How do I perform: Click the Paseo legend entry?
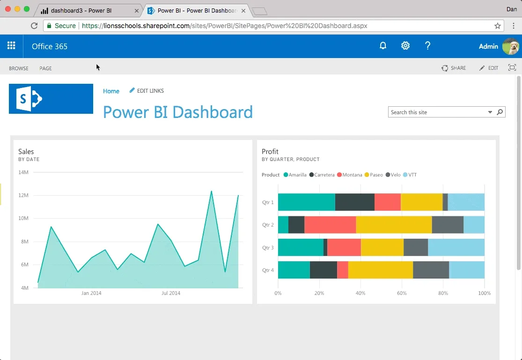click(x=374, y=175)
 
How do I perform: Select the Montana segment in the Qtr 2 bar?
click(x=330, y=224)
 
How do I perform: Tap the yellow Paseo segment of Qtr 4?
click(x=381, y=270)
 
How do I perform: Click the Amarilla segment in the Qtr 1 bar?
click(x=307, y=202)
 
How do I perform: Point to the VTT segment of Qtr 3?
click(x=456, y=248)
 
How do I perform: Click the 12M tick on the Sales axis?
click(x=23, y=195)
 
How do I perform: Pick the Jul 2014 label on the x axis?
click(x=171, y=293)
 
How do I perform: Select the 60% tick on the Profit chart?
click(x=402, y=293)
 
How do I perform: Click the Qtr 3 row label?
click(x=268, y=248)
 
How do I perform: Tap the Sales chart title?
click(x=26, y=152)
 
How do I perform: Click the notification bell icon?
click(x=383, y=45)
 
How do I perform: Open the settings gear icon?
click(x=405, y=45)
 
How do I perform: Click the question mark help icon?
click(x=428, y=45)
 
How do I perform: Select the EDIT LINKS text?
click(x=150, y=90)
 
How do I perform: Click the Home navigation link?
click(x=111, y=91)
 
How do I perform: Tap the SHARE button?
click(x=454, y=68)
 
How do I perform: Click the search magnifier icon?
click(x=500, y=112)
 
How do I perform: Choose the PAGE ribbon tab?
click(x=45, y=68)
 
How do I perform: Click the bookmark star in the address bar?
click(x=497, y=26)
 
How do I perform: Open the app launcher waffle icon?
click(x=11, y=45)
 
